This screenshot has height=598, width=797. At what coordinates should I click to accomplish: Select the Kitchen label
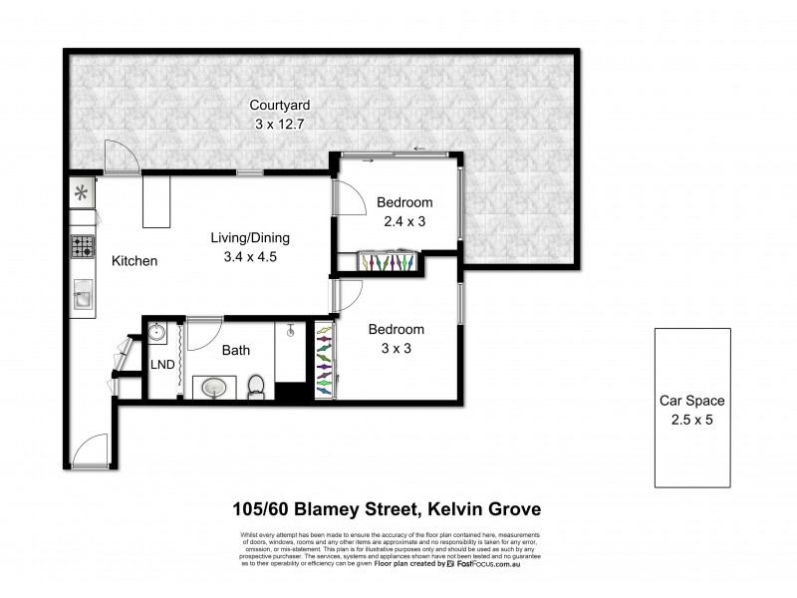click(134, 261)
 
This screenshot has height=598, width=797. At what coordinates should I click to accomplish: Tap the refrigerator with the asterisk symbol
click(81, 193)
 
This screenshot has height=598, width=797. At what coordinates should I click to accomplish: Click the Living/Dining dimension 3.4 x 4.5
click(249, 256)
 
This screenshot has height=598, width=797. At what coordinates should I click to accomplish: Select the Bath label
click(235, 350)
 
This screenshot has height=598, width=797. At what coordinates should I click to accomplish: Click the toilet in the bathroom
click(257, 383)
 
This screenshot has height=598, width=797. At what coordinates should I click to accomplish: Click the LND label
click(161, 365)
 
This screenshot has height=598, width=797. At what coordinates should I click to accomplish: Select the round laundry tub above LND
click(157, 332)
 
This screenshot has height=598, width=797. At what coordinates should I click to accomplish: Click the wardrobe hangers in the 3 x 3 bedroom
click(325, 359)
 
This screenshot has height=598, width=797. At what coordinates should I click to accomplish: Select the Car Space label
click(691, 401)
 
